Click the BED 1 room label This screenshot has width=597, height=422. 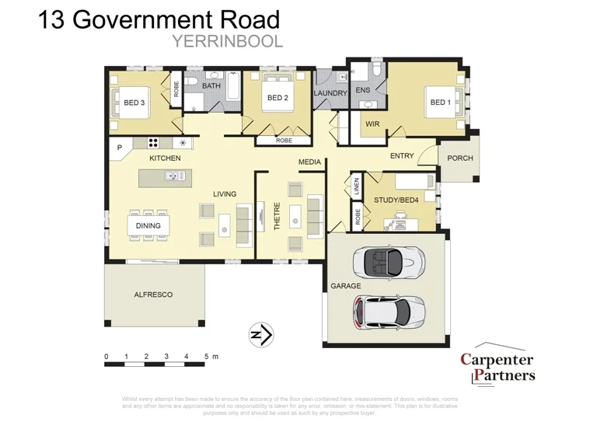[439, 103]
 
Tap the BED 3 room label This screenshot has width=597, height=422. [134, 103]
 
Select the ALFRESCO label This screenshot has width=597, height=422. [153, 295]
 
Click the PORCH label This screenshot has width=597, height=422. [460, 158]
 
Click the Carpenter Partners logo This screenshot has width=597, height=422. [497, 367]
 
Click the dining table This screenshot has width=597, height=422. [148, 225]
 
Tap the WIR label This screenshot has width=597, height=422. [372, 124]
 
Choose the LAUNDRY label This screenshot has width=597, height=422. [330, 93]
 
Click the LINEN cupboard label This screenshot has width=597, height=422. [357, 187]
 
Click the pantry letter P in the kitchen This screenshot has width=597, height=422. [120, 147]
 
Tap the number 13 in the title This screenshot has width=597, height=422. [53, 19]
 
